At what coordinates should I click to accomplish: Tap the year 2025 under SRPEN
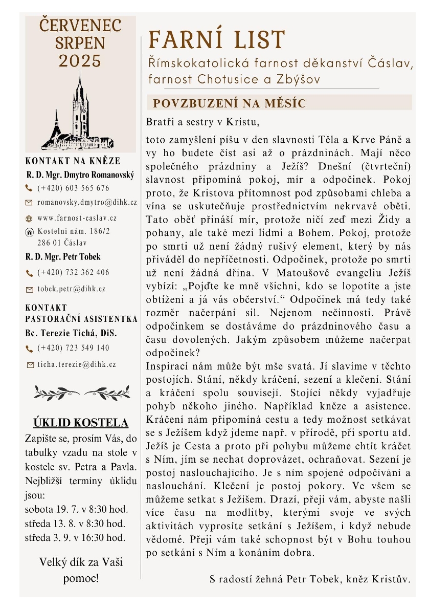tap(80, 61)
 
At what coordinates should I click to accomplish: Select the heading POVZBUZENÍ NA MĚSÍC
tap(229, 103)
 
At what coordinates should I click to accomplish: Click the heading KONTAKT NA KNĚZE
tap(73, 161)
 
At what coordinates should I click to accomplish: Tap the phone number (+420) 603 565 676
tap(73, 188)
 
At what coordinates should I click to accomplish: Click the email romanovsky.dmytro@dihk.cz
tap(87, 203)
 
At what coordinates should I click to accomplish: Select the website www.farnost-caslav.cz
tap(77, 218)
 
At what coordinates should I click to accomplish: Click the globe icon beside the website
tap(29, 219)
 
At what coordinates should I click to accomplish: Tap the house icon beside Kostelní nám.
tap(29, 232)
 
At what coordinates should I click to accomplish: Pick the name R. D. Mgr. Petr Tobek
tap(63, 257)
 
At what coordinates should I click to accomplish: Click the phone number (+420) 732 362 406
tap(73, 272)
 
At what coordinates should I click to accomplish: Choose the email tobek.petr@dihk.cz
tap(72, 289)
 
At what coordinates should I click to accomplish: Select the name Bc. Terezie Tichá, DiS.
tap(71, 333)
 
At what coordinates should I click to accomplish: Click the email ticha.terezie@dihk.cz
tap(77, 365)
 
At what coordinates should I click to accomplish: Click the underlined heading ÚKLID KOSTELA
tap(81, 423)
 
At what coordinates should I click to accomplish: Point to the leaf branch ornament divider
tap(82, 393)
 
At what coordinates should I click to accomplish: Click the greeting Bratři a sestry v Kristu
tap(203, 122)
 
